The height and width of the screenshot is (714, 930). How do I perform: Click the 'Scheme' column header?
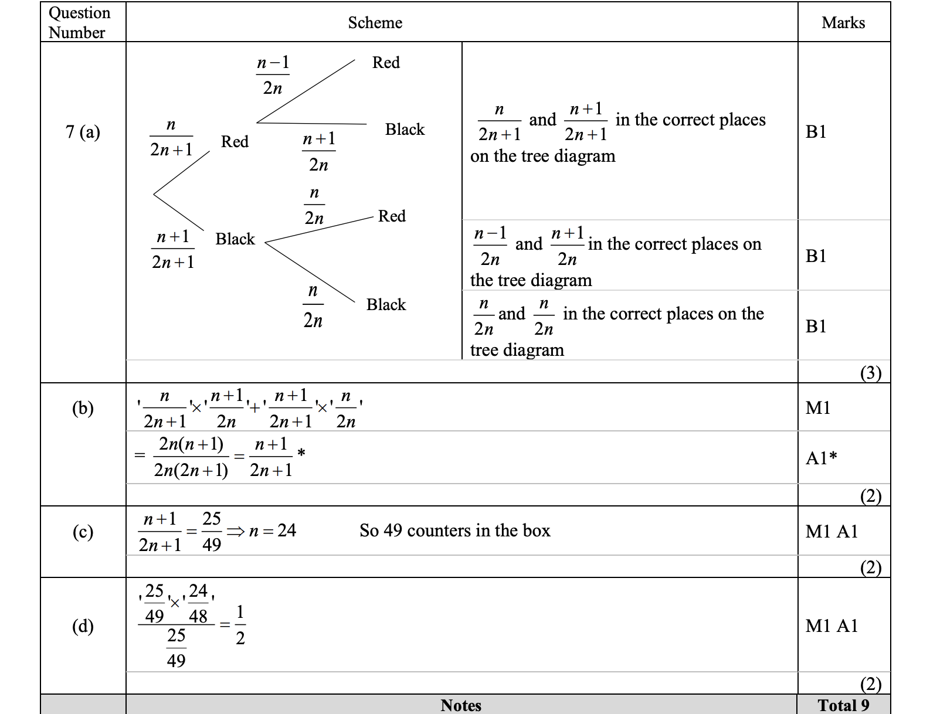(x=375, y=22)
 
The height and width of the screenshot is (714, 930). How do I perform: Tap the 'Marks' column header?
(x=843, y=22)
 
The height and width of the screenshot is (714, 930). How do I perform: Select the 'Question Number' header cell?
(x=79, y=22)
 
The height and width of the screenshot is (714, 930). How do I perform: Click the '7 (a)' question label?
(x=83, y=132)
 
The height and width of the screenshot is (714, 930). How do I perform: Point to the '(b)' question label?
(x=83, y=408)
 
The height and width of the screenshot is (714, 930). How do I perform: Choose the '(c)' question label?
(x=83, y=532)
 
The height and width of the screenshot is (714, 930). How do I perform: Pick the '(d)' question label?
(x=83, y=626)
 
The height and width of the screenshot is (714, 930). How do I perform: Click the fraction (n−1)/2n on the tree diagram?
(x=273, y=75)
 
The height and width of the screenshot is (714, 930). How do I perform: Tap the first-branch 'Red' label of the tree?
(x=235, y=142)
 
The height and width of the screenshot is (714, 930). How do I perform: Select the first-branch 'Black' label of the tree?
(x=235, y=239)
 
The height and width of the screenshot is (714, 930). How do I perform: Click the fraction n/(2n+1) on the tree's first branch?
(x=171, y=137)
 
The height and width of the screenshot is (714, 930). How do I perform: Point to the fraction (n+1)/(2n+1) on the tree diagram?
(x=173, y=249)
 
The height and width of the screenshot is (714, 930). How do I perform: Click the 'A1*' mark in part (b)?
(x=821, y=458)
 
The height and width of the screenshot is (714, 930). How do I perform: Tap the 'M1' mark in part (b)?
(x=818, y=408)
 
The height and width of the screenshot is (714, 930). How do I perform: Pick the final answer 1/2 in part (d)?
(x=240, y=625)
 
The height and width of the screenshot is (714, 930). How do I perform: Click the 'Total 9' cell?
(x=843, y=705)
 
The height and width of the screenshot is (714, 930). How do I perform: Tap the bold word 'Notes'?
(x=461, y=705)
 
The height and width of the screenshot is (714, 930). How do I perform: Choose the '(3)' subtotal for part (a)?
(x=870, y=373)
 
